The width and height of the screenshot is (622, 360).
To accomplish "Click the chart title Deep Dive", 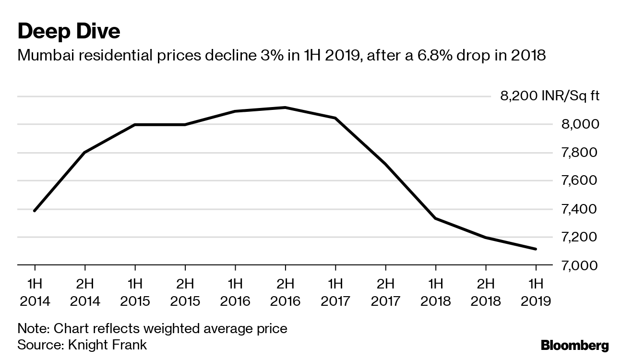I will tap(69, 32).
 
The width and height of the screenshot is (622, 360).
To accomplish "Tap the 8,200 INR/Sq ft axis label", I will tap(550, 96).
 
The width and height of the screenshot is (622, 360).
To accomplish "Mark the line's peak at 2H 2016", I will tap(285, 108).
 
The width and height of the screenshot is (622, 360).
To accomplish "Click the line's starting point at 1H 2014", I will tap(35, 211).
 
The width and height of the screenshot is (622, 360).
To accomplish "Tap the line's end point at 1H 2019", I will tap(536, 249).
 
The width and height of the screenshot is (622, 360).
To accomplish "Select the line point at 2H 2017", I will tap(385, 164).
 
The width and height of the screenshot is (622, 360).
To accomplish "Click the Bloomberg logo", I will tap(574, 345).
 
